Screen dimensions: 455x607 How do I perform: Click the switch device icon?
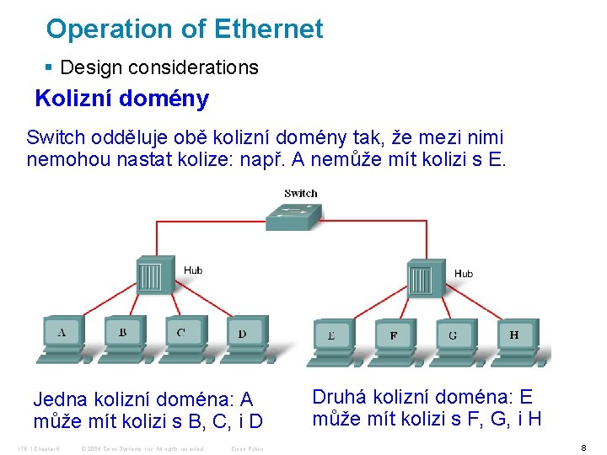pyautogui.click(x=293, y=216)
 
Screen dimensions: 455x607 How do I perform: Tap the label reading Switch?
pyautogui.click(x=301, y=193)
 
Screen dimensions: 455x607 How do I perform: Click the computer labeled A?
pyautogui.click(x=62, y=336)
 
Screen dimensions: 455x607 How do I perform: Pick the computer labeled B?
pyautogui.click(x=123, y=336)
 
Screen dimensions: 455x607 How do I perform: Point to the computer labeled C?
pyautogui.click(x=183, y=336)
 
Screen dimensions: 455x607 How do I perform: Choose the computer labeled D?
pyautogui.click(x=243, y=336)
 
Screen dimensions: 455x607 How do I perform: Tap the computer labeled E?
pyautogui.click(x=332, y=339)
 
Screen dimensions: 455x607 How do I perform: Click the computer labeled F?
pyautogui.click(x=393, y=339)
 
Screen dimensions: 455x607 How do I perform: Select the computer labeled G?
pyautogui.click(x=454, y=339)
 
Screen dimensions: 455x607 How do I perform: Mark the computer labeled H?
pyautogui.click(x=514, y=339)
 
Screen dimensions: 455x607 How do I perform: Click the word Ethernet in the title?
pyautogui.click(x=269, y=29)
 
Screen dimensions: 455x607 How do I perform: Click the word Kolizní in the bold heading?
pyautogui.click(x=74, y=99)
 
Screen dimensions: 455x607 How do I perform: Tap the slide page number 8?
pyautogui.click(x=583, y=447)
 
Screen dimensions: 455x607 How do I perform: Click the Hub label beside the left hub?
pyautogui.click(x=193, y=270)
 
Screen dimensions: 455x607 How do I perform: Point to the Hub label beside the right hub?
pyautogui.click(x=464, y=274)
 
